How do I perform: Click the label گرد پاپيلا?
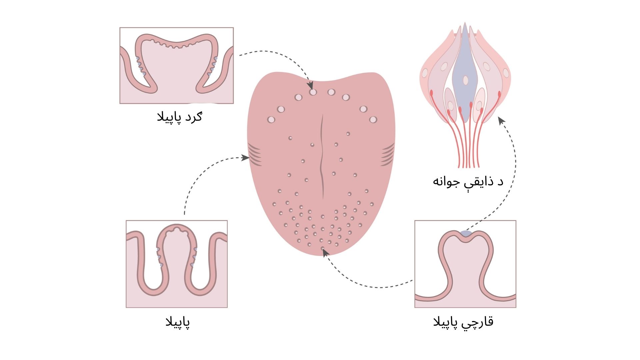(179, 117)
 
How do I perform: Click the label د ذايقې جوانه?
(468, 182)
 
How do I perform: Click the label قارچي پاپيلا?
(463, 322)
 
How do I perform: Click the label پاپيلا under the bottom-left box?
(178, 322)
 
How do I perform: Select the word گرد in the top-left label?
(192, 117)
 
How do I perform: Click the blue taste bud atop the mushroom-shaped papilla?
(466, 233)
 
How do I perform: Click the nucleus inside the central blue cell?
(465, 80)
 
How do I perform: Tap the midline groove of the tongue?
(322, 157)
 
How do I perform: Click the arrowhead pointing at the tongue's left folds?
(245, 157)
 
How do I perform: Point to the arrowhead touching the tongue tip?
(326, 253)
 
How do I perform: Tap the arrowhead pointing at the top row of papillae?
(310, 86)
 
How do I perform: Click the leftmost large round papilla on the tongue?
(271, 119)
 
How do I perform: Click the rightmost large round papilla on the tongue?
(373, 119)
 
